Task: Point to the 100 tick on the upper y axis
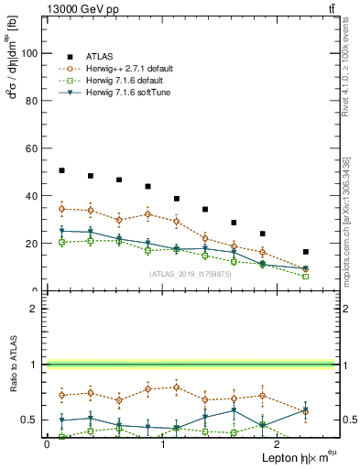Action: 29,53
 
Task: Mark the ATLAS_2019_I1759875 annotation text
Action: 189,274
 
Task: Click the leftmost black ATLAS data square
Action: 61,170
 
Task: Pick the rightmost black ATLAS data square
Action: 305,252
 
